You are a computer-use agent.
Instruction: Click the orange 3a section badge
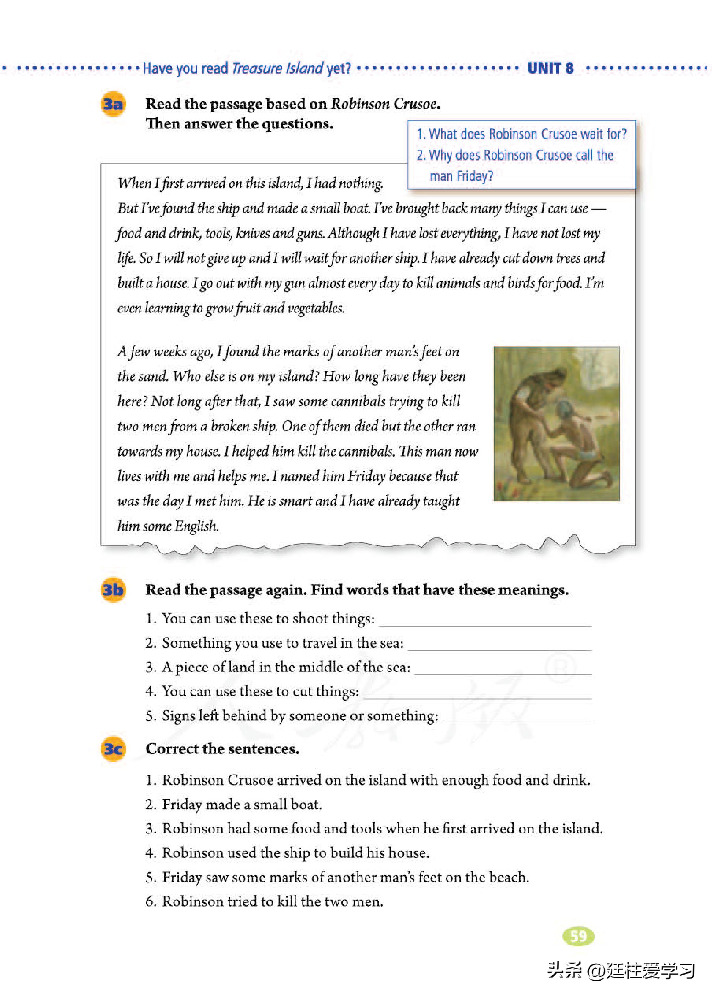(113, 104)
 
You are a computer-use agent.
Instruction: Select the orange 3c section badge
(113, 749)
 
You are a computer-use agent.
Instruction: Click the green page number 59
(578, 936)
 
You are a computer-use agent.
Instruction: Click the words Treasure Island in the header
(277, 68)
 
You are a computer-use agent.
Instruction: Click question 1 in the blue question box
(522, 134)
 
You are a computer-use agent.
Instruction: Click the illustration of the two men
(556, 424)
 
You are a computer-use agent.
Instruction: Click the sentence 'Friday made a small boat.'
(242, 804)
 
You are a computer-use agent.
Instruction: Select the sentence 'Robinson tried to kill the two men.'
(273, 901)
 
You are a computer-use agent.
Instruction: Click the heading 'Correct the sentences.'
(223, 749)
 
